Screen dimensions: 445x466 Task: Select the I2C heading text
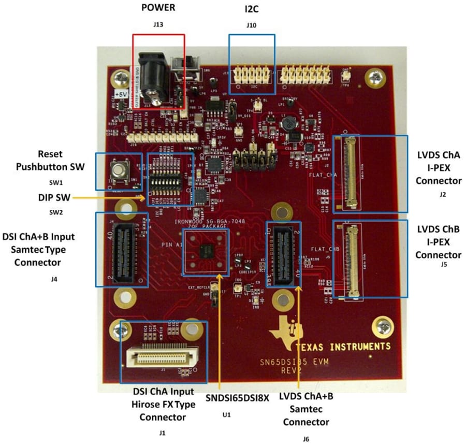point(252,8)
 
